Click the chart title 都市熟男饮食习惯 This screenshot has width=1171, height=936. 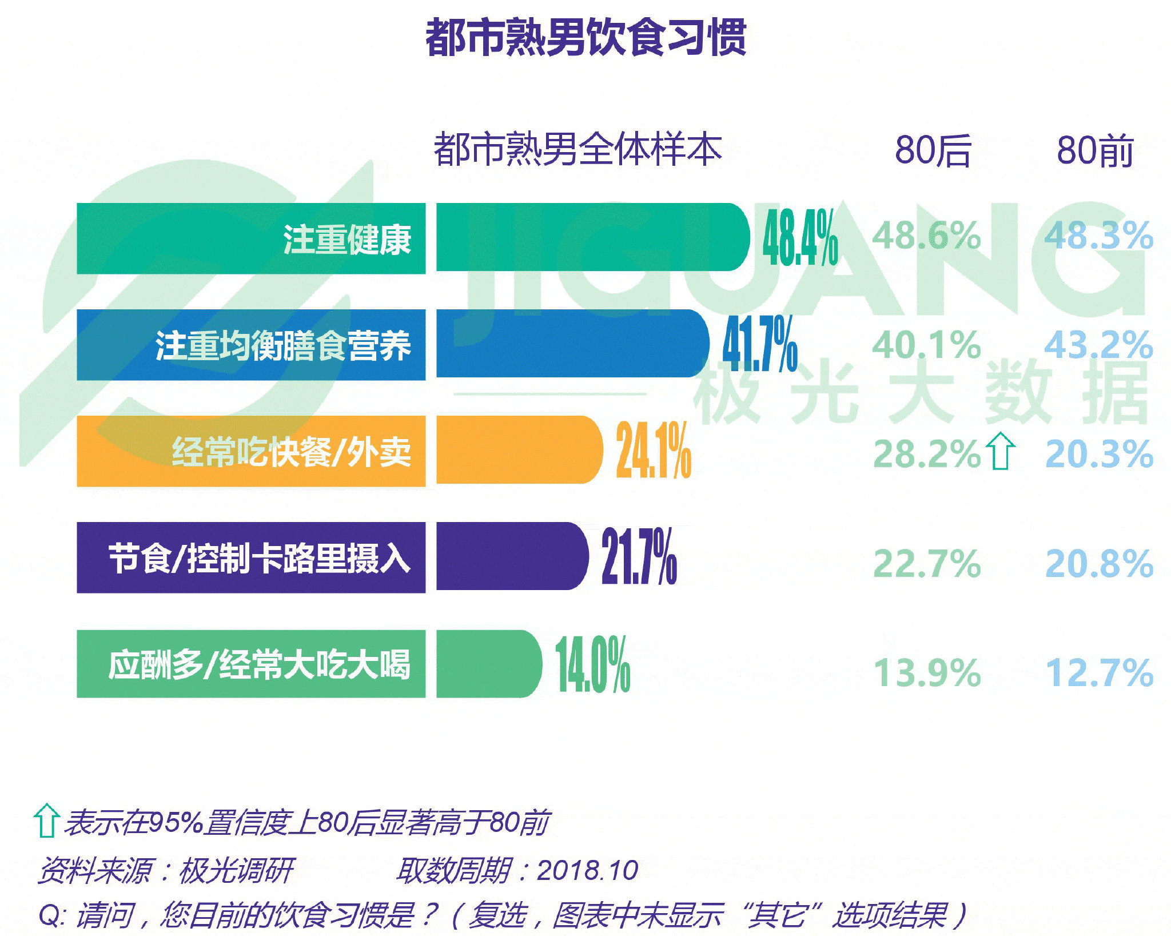[585, 38]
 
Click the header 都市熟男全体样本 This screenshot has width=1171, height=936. [577, 149]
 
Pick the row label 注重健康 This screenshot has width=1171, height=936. [347, 239]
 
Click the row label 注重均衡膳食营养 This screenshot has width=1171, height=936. [283, 345]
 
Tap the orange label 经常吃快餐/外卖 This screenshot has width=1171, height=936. [292, 452]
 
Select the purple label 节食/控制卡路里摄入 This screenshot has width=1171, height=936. [260, 558]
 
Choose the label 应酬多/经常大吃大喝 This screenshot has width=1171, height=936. [260, 664]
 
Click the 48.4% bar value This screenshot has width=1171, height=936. [800, 238]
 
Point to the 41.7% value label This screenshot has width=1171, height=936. [760, 344]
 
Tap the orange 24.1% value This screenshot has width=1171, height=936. [654, 451]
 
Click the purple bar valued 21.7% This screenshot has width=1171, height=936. [512, 556]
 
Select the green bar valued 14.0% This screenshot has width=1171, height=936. [488, 664]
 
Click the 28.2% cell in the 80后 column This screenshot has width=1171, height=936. [926, 454]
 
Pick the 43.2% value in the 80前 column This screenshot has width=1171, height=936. [1098, 345]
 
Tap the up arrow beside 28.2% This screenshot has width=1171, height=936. [1001, 451]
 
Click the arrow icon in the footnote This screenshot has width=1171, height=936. [46, 821]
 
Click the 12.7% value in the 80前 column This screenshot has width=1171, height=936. [1098, 672]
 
